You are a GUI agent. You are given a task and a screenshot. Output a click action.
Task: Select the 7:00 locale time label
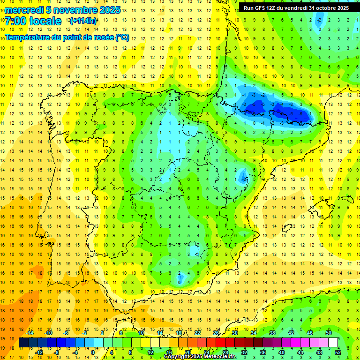click(x=33, y=21)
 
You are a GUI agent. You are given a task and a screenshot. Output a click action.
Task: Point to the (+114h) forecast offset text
click(x=83, y=21)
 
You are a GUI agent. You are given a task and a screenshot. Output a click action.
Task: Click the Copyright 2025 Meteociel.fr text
click(x=200, y=357)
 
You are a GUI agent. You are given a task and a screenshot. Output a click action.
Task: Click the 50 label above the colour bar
click(x=329, y=332)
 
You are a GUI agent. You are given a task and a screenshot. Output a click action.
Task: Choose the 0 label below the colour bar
click(x=93, y=352)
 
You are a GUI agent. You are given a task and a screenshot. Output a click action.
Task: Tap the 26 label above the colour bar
click(x=216, y=332)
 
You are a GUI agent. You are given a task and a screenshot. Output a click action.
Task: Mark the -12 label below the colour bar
click(x=39, y=352)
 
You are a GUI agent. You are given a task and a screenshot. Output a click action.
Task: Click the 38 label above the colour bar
click(x=272, y=332)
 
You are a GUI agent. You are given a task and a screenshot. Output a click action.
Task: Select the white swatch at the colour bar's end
click(x=333, y=343)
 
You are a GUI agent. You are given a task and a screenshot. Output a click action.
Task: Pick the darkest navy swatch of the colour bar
click(x=23, y=343)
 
